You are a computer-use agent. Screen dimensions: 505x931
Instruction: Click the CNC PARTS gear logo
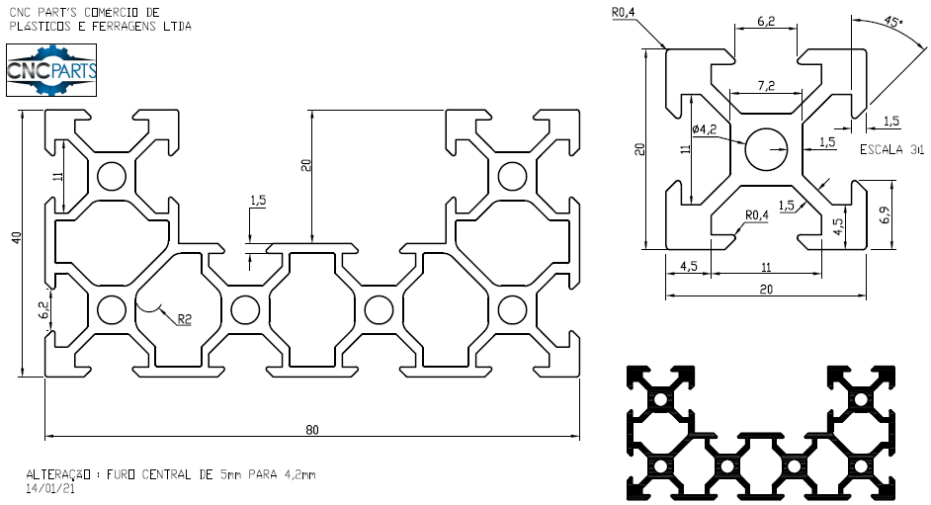pyautogui.click(x=51, y=70)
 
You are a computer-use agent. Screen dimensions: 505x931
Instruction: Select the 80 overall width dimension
pyautogui.click(x=312, y=429)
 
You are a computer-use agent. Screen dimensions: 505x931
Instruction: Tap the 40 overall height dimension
pyautogui.click(x=16, y=237)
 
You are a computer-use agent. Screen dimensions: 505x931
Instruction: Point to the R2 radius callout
pyautogui.click(x=184, y=318)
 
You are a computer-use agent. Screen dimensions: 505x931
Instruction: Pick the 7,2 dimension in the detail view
pyautogui.click(x=765, y=86)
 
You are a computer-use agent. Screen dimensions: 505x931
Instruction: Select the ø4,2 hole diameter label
pyautogui.click(x=704, y=128)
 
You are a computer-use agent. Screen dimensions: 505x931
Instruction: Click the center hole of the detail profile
pyautogui.click(x=765, y=149)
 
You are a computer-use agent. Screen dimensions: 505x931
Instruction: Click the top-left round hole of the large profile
pyautogui.click(x=111, y=177)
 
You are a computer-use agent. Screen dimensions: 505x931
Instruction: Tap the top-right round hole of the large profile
pyautogui.click(x=511, y=177)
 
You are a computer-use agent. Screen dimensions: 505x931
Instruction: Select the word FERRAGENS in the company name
pyautogui.click(x=123, y=27)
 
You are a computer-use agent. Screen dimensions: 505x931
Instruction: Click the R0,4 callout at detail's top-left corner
pyautogui.click(x=623, y=12)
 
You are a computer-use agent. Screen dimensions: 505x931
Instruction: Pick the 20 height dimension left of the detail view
pyautogui.click(x=640, y=149)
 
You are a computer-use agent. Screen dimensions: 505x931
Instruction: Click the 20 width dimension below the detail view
pyautogui.click(x=765, y=289)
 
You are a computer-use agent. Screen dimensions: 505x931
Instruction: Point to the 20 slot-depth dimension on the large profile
pyautogui.click(x=306, y=165)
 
